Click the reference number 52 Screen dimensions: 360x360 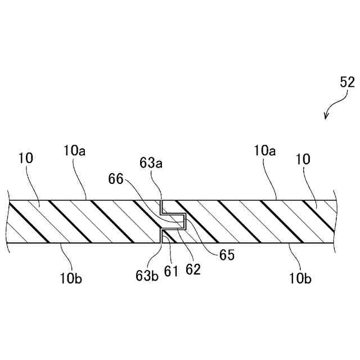(347, 82)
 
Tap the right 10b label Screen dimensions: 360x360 (300, 277)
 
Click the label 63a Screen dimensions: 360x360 (151, 164)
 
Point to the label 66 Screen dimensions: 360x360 (116, 179)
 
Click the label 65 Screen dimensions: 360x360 (227, 254)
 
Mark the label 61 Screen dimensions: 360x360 (171, 272)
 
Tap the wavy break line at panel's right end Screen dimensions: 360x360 (336, 221)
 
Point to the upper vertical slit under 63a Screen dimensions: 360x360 (161, 206)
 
